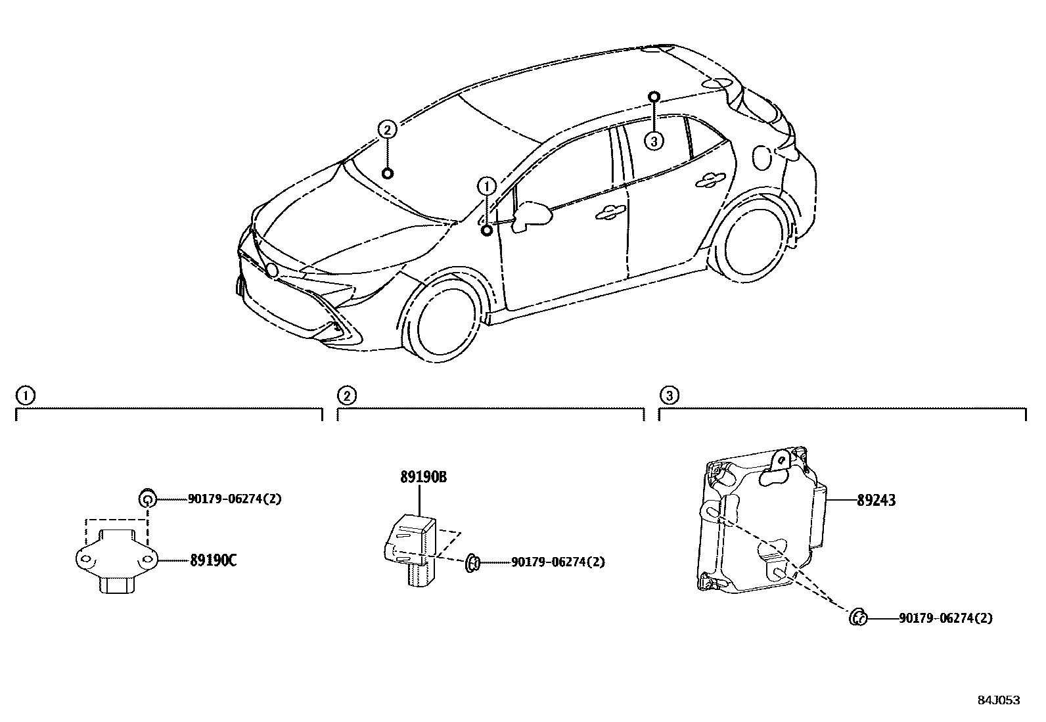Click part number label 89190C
point(213,560)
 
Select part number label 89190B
point(423,478)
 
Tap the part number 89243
point(876,501)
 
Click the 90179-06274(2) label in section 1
point(234,499)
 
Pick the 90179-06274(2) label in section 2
point(557,562)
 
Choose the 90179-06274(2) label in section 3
point(945,618)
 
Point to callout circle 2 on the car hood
point(388,129)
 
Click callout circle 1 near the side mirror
point(487,187)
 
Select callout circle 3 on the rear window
point(653,141)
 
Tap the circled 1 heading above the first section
point(25,395)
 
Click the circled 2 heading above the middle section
point(347,395)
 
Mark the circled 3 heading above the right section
point(669,395)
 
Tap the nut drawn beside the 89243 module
point(857,618)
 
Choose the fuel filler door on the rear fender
point(762,156)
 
